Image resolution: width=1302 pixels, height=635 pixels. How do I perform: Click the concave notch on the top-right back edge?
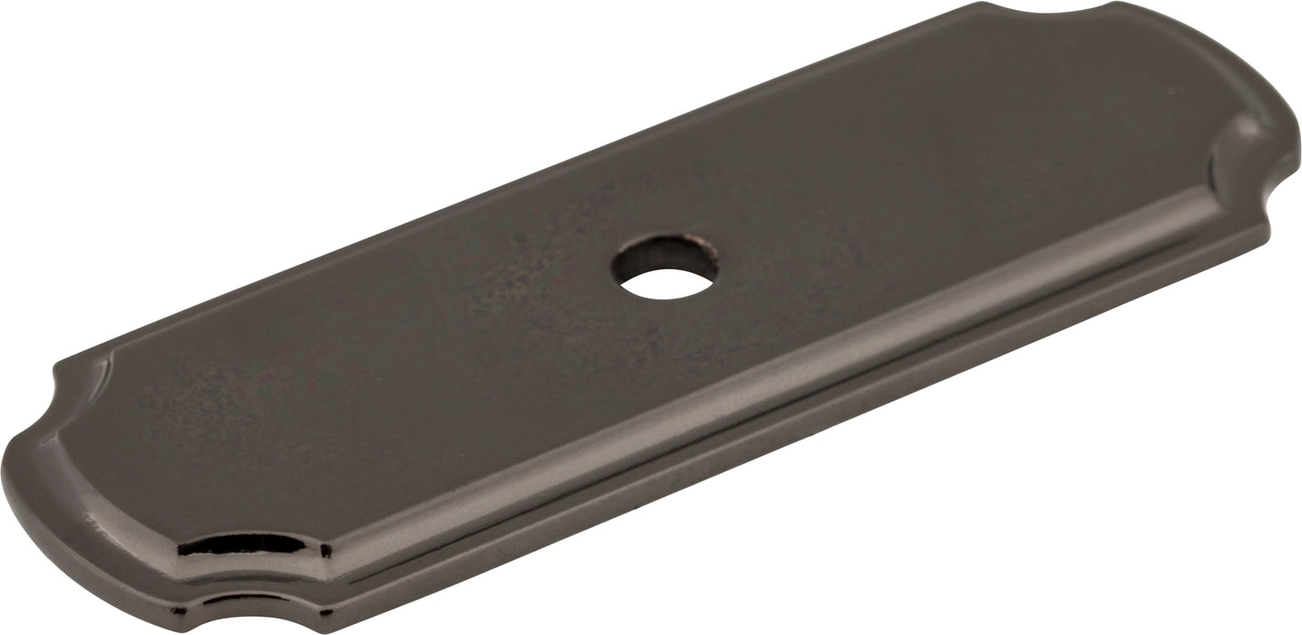1052,11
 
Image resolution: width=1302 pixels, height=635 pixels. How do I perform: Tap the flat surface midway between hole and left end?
363,381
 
